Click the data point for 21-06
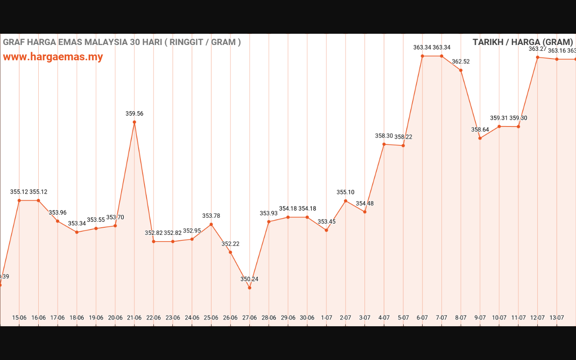135,122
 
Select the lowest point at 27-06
249,288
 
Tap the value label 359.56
135,114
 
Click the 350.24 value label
249,279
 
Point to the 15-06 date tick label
19,318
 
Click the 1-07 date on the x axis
326,318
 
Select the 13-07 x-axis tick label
557,318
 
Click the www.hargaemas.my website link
53,57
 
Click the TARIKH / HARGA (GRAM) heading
523,42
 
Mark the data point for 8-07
461,70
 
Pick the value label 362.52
461,62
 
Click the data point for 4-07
384,144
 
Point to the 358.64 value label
480,130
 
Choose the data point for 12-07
538,57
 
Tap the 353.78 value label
211,216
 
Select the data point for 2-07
346,201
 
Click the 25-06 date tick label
211,318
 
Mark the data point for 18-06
77,232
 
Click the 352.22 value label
230,244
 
